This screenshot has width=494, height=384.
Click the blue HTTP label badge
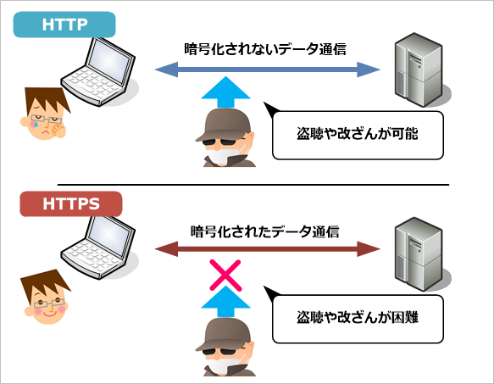(x=64, y=25)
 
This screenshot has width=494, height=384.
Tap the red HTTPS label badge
(x=71, y=203)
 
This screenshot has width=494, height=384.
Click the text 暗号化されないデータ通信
(x=265, y=49)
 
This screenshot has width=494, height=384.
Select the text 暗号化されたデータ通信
(x=264, y=231)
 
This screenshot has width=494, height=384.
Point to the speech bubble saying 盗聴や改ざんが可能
(x=358, y=135)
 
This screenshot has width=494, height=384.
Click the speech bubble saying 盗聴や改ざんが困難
(x=358, y=319)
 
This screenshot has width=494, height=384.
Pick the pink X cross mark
(x=225, y=275)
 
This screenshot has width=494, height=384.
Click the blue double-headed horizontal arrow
(x=267, y=70)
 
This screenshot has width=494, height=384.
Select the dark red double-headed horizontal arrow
(x=267, y=249)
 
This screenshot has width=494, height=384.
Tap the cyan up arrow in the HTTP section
(x=225, y=92)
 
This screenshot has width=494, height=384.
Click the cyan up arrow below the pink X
(x=225, y=302)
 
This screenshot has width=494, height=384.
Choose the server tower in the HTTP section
(x=419, y=70)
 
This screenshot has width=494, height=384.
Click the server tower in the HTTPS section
(x=419, y=253)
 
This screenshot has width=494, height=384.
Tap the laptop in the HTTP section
(x=98, y=72)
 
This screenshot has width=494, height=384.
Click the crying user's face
(x=45, y=114)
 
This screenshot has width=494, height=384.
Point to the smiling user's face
(x=46, y=298)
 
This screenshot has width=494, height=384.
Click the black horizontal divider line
(x=253, y=185)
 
